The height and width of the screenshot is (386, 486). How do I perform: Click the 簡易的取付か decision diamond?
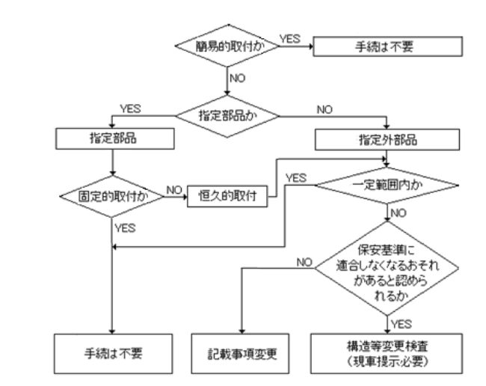[x=227, y=43]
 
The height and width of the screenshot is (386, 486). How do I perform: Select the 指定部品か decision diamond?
[x=227, y=115]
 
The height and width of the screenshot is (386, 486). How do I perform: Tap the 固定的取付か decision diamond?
[x=111, y=197]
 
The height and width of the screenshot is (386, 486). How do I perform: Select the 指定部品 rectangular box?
[x=111, y=138]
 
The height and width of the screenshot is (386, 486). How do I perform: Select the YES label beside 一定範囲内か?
[x=296, y=178]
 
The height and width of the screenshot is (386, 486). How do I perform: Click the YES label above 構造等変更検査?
[x=402, y=322]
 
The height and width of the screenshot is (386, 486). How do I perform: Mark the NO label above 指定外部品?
[x=324, y=108]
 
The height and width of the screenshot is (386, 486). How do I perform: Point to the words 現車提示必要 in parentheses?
[x=387, y=361]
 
